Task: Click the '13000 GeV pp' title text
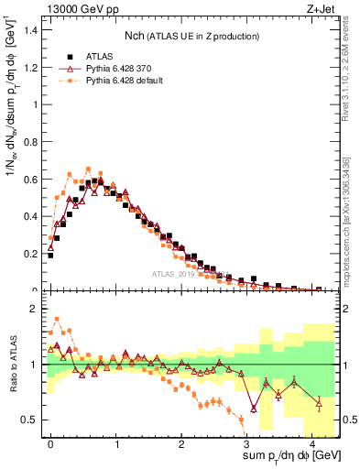[80, 7]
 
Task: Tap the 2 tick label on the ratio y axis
[37, 309]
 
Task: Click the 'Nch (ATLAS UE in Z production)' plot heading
[191, 36]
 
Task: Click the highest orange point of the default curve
[88, 169]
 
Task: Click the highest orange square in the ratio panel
[57, 320]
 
